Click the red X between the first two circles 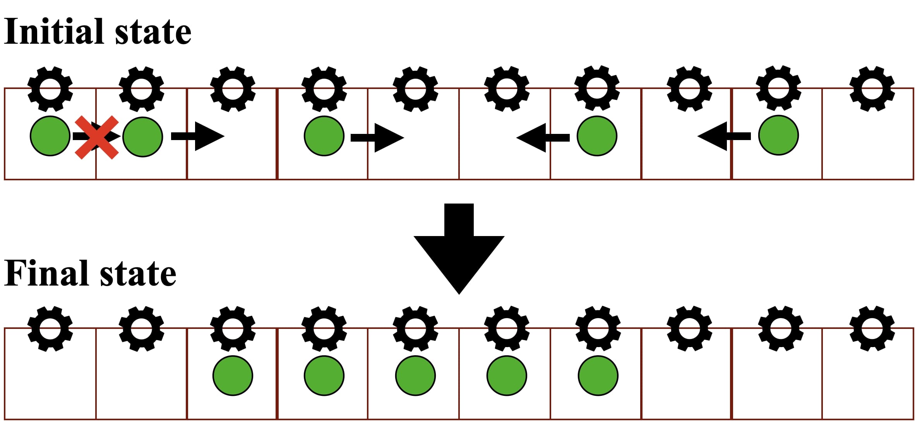[96, 137]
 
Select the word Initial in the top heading [54, 32]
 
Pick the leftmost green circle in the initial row [50, 136]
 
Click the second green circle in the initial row [142, 137]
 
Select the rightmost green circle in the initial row [778, 135]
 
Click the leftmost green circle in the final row [233, 375]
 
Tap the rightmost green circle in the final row [598, 375]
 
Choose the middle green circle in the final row [415, 375]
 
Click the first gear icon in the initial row [50, 89]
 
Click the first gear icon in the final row [50, 329]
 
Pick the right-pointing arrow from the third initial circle [377, 137]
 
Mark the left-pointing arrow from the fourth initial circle [543, 137]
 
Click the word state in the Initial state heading [153, 33]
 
